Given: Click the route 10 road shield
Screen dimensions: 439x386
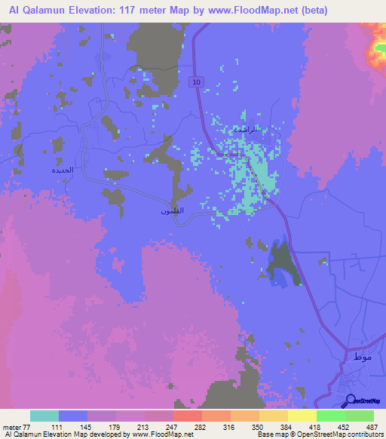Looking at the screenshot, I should click(x=196, y=81).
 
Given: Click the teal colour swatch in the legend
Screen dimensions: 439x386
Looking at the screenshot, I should click(x=44, y=416).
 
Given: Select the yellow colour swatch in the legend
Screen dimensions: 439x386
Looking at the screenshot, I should click(x=302, y=416).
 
